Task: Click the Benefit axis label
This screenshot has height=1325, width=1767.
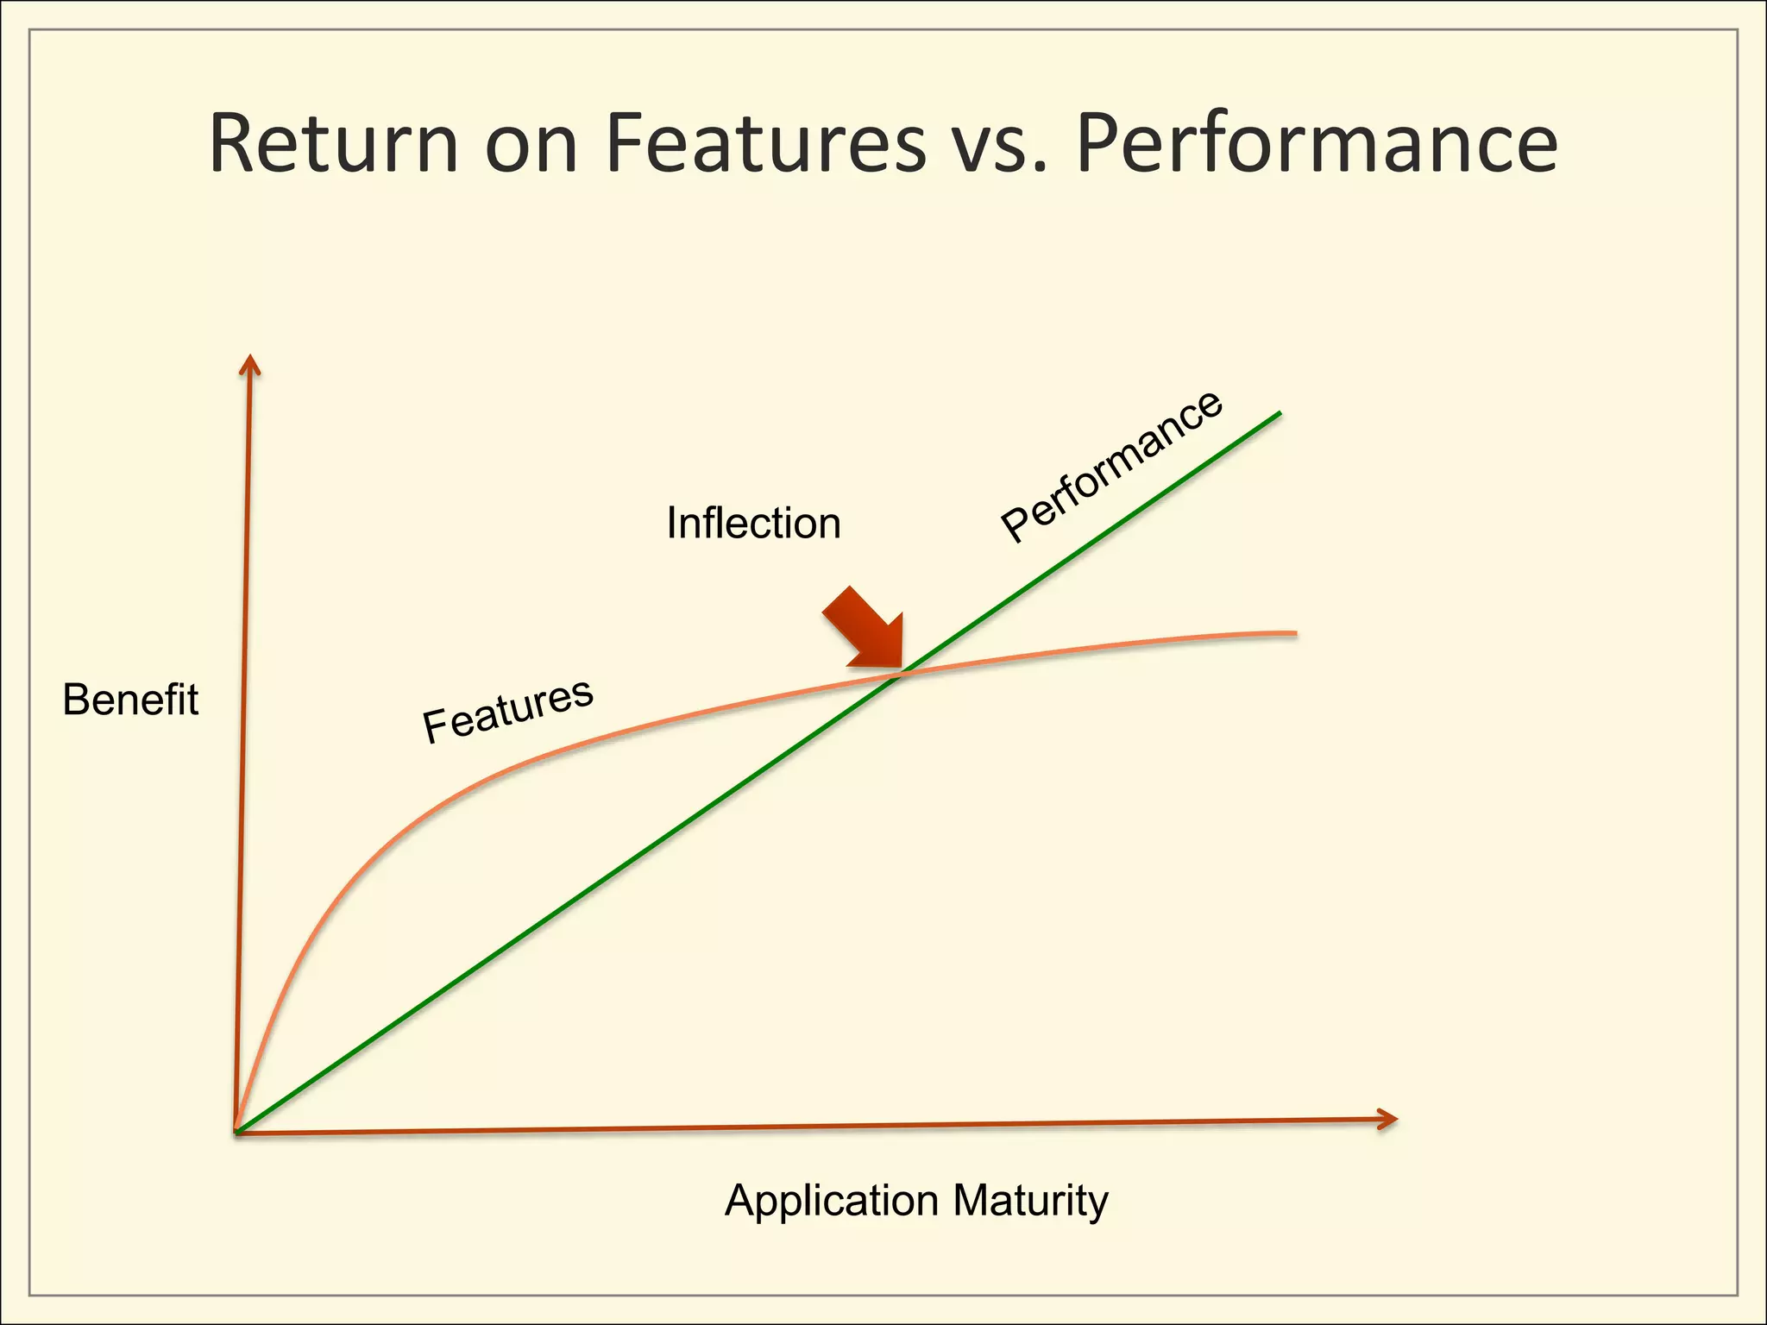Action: click(130, 700)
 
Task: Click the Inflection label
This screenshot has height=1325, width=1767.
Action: click(753, 523)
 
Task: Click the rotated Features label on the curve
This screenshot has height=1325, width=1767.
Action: click(507, 710)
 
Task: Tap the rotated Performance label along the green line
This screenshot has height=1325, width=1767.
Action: click(1111, 466)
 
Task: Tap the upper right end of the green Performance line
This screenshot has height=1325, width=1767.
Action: click(1279, 414)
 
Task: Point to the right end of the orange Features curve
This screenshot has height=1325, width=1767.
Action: click(1293, 633)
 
